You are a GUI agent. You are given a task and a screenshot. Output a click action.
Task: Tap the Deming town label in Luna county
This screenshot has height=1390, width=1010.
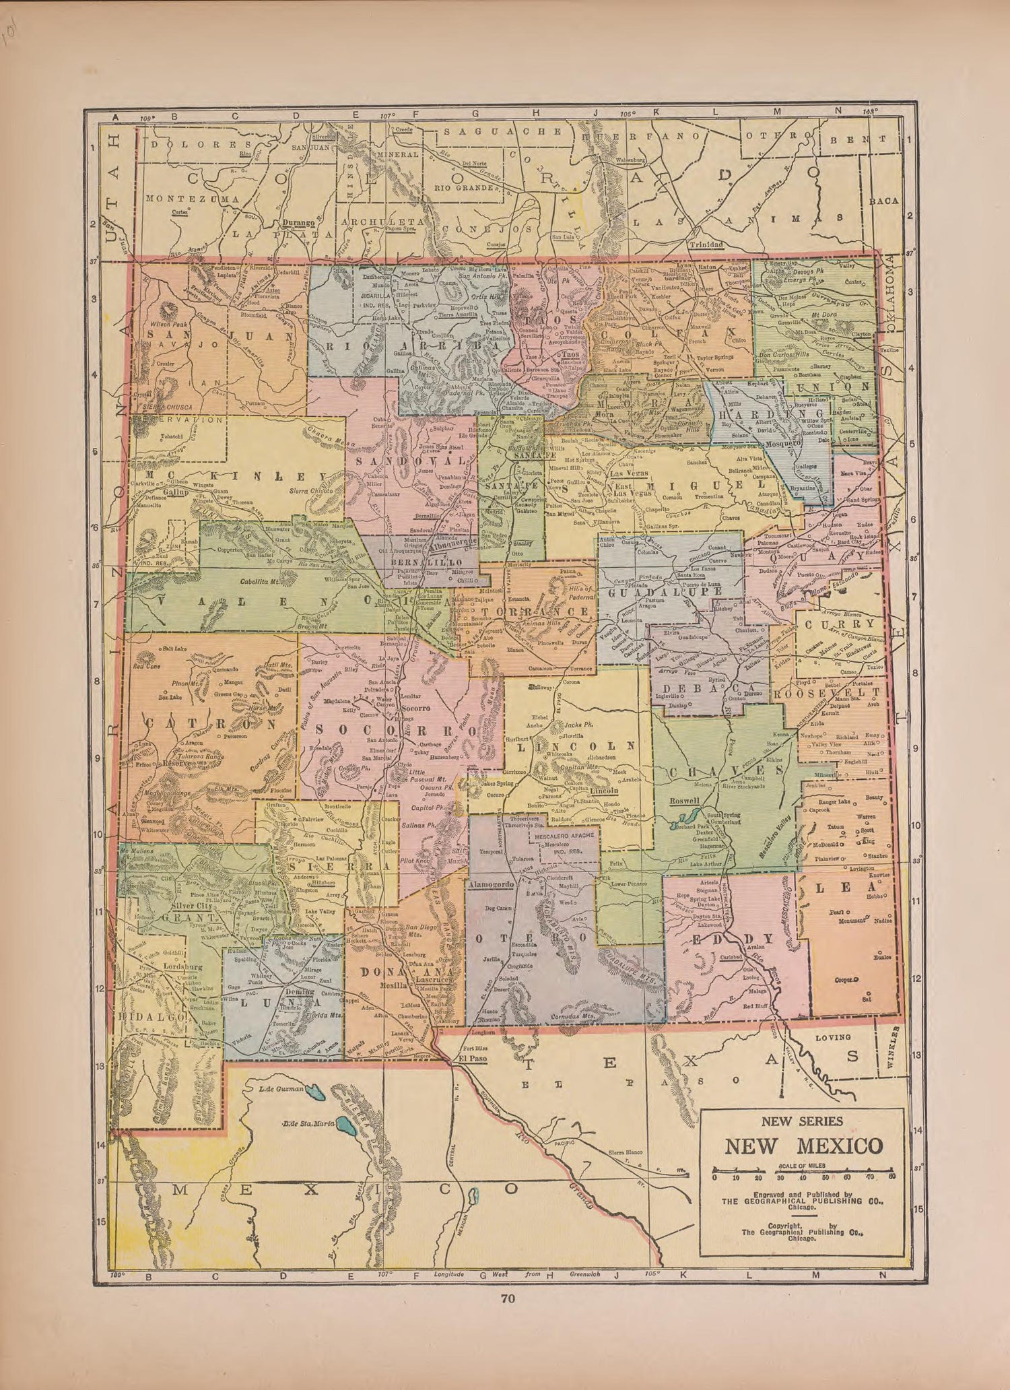299,992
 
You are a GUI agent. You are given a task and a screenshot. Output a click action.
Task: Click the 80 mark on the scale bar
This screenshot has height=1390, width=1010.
891,1178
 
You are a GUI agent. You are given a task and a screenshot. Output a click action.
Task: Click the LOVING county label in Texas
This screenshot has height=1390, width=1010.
833,1038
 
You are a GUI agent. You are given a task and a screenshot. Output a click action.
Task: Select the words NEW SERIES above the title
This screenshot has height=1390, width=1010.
802,1121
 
